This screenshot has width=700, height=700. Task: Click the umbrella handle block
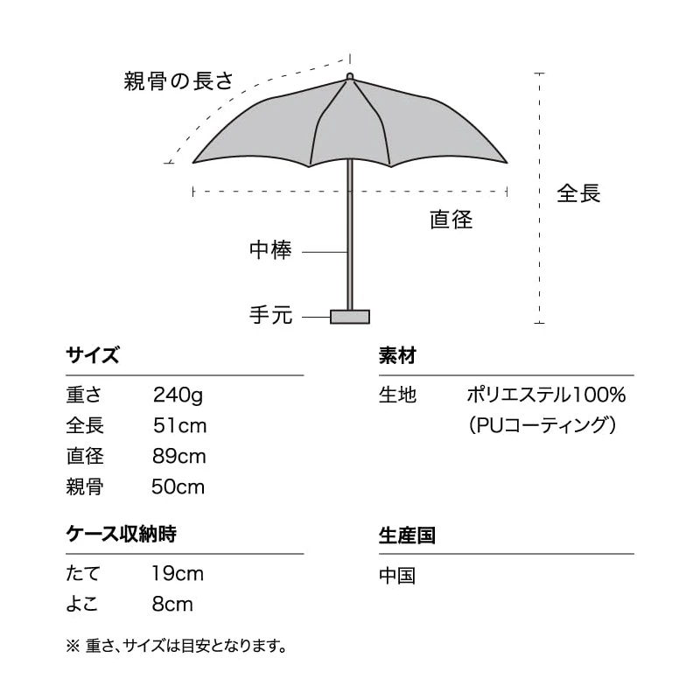(x=350, y=316)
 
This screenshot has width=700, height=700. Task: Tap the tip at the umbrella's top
(x=350, y=77)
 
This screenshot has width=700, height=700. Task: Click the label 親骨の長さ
(x=178, y=82)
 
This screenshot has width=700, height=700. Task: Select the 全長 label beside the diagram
(x=579, y=193)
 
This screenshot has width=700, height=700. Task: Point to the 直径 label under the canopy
(x=451, y=220)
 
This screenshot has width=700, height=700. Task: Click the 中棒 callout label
(x=270, y=251)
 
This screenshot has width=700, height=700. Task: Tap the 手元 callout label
(x=270, y=315)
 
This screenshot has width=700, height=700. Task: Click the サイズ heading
(x=93, y=356)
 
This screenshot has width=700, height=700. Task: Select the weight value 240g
(x=178, y=395)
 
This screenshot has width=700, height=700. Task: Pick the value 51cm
(x=179, y=425)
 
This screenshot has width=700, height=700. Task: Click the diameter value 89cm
(x=179, y=456)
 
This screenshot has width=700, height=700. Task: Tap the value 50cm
(x=178, y=486)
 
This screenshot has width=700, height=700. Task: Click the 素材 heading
(x=397, y=356)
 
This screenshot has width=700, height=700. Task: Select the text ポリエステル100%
(x=546, y=395)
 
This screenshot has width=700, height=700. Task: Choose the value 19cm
(x=178, y=573)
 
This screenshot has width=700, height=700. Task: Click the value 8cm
(x=172, y=604)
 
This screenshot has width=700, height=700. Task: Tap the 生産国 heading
(x=407, y=535)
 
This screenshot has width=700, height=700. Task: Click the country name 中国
(x=397, y=575)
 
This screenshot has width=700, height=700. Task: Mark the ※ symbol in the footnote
(x=73, y=647)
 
